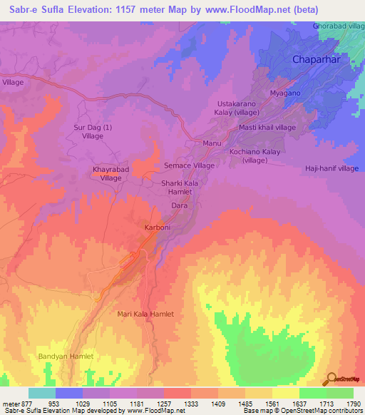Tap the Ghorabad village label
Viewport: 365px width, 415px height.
339,26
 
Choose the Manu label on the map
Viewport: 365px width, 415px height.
212,143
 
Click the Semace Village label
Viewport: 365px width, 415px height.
190,165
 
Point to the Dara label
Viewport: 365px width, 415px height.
180,205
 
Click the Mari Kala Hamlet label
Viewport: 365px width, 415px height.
145,314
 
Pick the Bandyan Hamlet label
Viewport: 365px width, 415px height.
66,356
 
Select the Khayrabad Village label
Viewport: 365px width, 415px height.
110,174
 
